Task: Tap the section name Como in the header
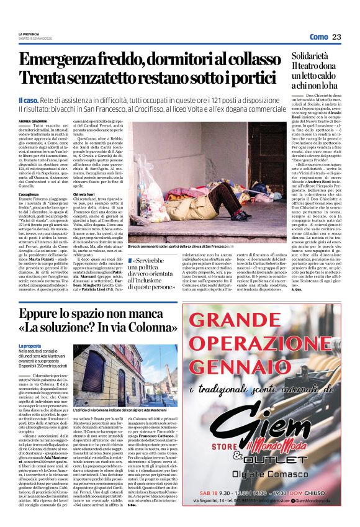[318, 37]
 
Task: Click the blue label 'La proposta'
[30, 346]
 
